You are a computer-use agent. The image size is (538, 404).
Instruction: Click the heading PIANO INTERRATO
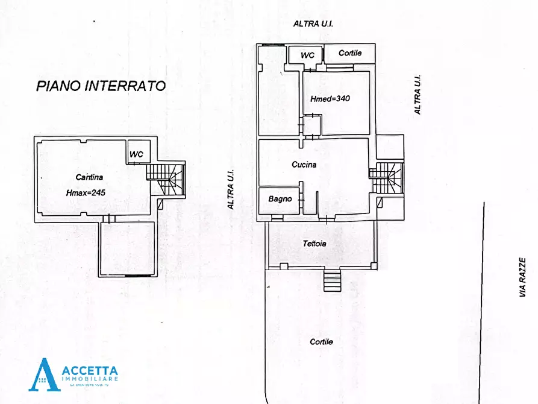click(101, 86)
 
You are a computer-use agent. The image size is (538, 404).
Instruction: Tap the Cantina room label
click(89, 177)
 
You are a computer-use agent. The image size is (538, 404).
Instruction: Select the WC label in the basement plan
click(137, 154)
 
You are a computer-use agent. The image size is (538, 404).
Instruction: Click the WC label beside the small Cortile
click(307, 55)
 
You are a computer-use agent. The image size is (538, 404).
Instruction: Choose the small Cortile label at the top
click(350, 53)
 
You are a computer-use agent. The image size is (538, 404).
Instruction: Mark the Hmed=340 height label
click(330, 98)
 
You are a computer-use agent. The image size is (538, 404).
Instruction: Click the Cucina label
click(304, 164)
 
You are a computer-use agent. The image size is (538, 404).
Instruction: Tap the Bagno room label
click(280, 198)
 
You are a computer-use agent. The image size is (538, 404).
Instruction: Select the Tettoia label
click(314, 244)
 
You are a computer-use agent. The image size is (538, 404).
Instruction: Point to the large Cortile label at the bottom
click(321, 341)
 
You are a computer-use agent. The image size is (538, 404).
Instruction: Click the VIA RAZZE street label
click(522, 277)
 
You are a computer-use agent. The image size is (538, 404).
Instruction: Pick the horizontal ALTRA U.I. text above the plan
click(313, 24)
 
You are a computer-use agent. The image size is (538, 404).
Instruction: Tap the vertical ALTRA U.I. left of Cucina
click(230, 189)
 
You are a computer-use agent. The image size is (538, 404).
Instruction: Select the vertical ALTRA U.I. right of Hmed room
click(416, 95)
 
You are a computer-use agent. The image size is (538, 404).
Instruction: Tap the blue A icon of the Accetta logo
click(44, 374)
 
